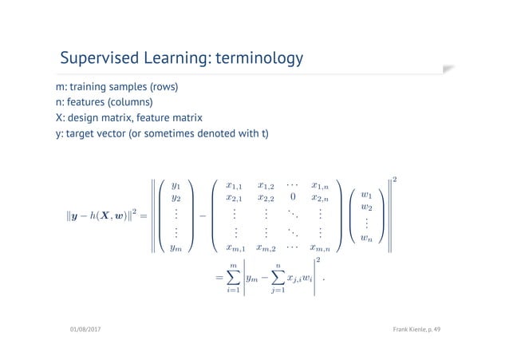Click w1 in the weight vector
click(x=366, y=195)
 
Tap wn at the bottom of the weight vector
click(x=366, y=238)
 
